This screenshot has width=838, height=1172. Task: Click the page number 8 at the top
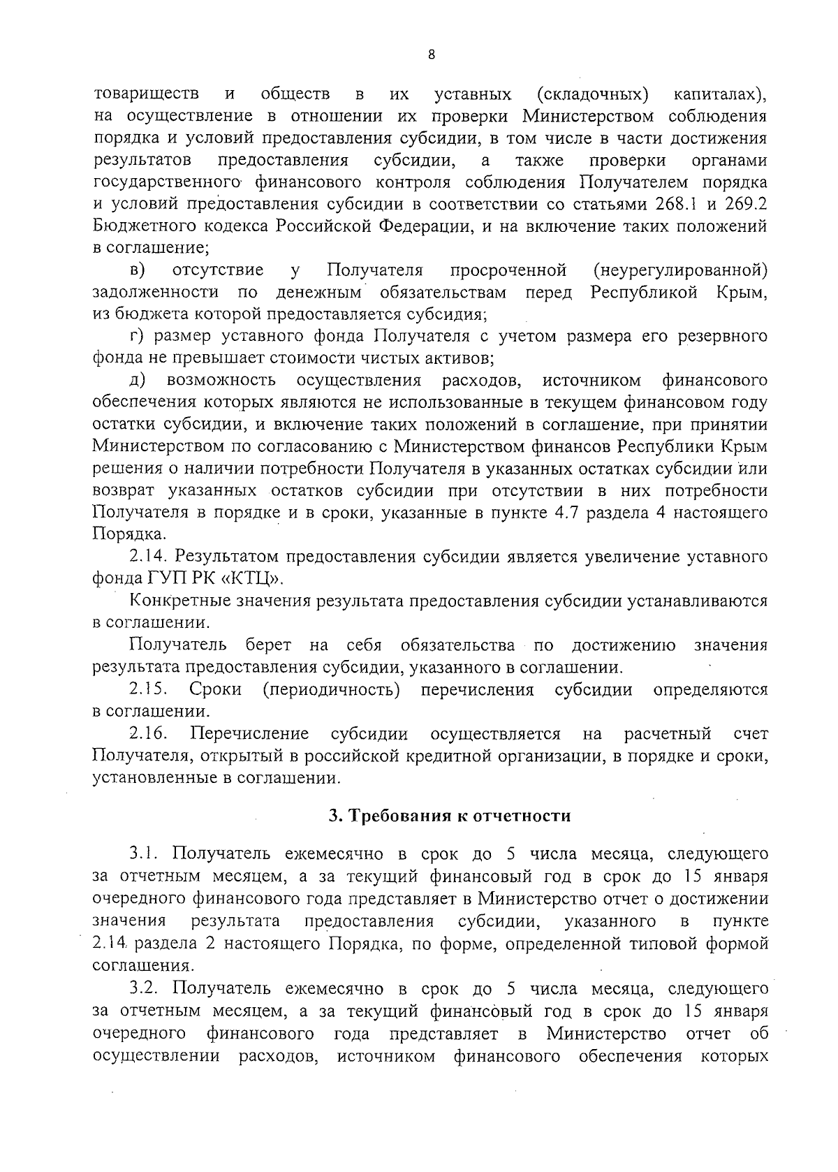coord(431,55)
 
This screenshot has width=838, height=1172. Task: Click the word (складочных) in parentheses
coord(593,94)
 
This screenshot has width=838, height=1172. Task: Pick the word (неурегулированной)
coord(679,270)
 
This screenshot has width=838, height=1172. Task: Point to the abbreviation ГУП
coord(168,579)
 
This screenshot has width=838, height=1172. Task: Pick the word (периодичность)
coord(331,690)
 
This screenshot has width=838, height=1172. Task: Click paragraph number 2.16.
coord(147,734)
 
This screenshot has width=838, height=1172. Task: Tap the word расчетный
coord(668,734)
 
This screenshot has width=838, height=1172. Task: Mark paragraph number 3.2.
coord(145,988)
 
